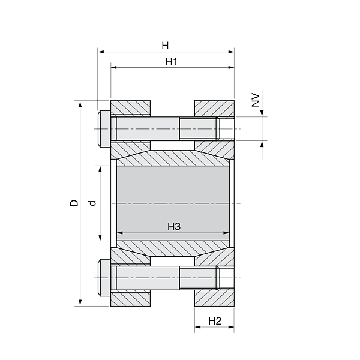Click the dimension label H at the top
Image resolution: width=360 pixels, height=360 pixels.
click(x=165, y=46)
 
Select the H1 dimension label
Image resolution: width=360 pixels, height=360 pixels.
click(x=171, y=62)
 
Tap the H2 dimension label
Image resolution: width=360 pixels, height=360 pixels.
click(x=215, y=322)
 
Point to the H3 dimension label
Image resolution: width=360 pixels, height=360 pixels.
click(x=174, y=226)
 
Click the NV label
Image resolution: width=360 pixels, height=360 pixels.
click(x=255, y=100)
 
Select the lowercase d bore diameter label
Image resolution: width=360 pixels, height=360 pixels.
click(x=92, y=203)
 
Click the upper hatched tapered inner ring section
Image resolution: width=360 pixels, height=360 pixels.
click(x=174, y=158)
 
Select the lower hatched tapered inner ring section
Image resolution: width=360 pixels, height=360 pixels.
click(x=174, y=249)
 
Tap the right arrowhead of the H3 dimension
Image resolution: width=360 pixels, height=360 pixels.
click(x=229, y=233)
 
